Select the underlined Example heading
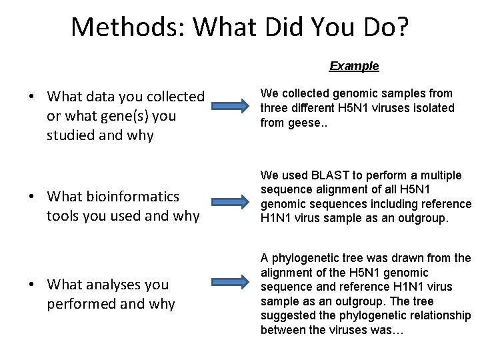click(x=354, y=66)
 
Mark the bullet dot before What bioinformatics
click(x=32, y=197)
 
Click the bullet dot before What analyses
click(x=32, y=285)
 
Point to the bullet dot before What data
click(x=32, y=97)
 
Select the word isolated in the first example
click(x=435, y=108)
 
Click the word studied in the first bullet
click(x=71, y=135)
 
